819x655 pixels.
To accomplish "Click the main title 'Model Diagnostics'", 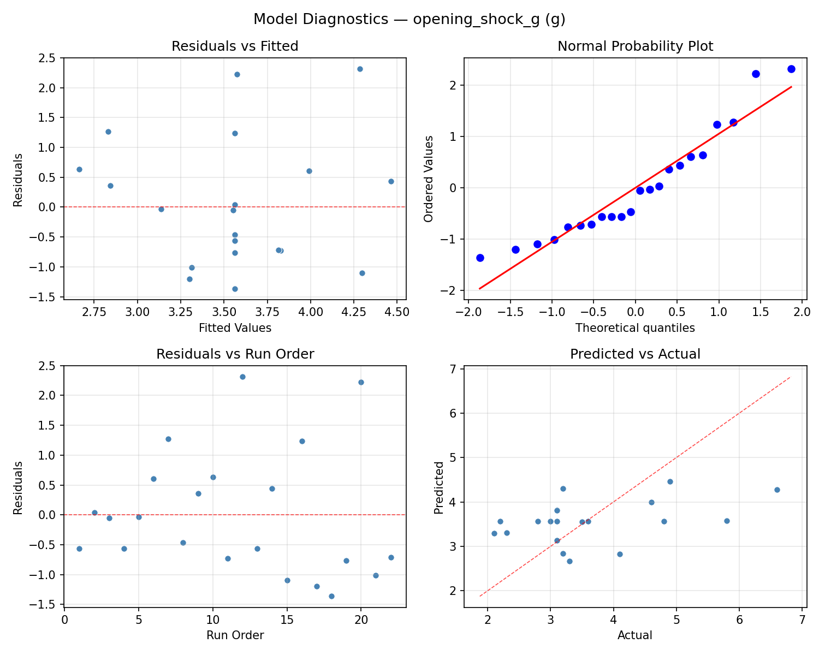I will tap(409, 20).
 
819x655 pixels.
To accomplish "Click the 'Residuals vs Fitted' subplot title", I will tap(235, 46).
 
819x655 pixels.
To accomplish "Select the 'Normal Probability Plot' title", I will tap(635, 46).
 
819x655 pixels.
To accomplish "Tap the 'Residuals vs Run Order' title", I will tap(235, 354).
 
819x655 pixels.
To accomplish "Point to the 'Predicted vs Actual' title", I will tap(635, 354).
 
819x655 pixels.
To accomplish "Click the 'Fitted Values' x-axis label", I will tap(235, 328).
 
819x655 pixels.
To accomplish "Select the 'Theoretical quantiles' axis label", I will tap(635, 328).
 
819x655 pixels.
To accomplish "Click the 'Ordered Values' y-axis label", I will tap(429, 179).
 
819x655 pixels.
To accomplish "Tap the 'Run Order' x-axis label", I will tap(235, 635).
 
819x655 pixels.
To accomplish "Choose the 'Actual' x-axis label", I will tap(635, 635).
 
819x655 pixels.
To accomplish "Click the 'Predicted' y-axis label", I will tap(438, 487).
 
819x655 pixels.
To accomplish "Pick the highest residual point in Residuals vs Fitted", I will tap(360, 69).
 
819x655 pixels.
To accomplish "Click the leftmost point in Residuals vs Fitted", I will tap(79, 169).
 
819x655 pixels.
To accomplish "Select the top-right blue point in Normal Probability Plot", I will tap(791, 69).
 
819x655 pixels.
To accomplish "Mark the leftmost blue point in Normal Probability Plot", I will tap(480, 258).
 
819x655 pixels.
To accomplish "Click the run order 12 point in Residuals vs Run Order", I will tap(242, 377).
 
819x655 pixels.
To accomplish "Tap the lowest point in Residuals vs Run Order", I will tap(331, 596).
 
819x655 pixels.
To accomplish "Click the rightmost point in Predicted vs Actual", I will tap(777, 490).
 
